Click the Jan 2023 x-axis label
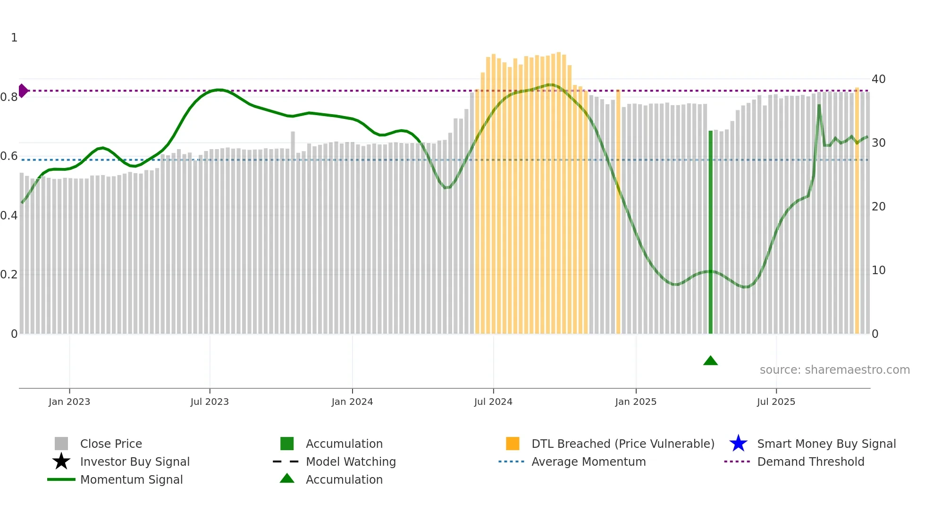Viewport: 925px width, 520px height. [x=69, y=402]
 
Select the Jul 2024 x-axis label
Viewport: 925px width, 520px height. [x=493, y=402]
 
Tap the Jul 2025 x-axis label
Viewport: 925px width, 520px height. [x=776, y=402]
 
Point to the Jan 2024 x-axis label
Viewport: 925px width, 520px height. [x=352, y=402]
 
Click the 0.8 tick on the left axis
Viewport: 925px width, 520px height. [x=9, y=97]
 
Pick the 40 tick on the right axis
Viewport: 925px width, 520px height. [x=878, y=79]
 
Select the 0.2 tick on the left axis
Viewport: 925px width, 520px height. [x=9, y=275]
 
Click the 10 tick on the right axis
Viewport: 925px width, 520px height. [x=878, y=270]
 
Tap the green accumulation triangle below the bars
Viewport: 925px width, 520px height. [x=710, y=361]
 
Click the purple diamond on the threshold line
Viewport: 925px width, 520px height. [x=23, y=91]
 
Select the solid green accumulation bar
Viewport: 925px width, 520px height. [x=710, y=231]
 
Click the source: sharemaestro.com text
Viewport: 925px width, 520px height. [x=834, y=370]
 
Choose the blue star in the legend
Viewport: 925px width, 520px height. [x=738, y=444]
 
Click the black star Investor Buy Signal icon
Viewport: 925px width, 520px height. [x=61, y=461]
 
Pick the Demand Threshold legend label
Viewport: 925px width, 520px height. [x=810, y=461]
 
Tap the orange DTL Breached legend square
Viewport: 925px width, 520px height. [x=513, y=444]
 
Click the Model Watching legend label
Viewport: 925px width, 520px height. [x=351, y=461]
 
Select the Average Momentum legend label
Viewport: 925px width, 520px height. [x=589, y=461]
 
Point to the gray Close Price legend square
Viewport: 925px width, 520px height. [x=61, y=444]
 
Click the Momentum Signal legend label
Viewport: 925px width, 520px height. [x=131, y=479]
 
